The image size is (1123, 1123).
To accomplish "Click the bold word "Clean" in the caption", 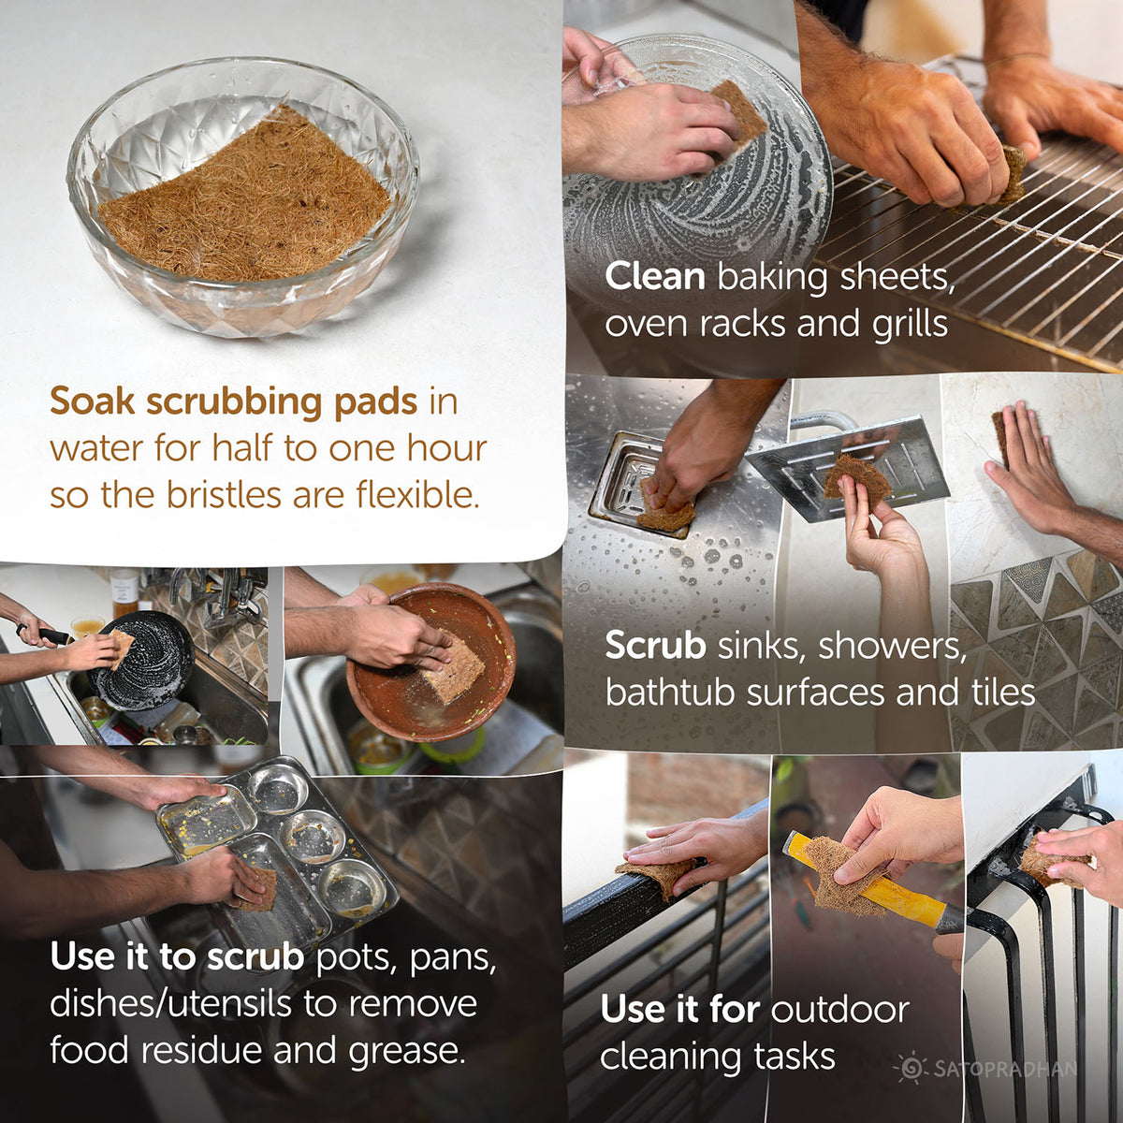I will point(654,277).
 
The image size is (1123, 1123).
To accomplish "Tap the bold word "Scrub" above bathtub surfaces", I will point(655,646).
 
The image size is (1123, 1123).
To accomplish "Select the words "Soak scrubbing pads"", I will point(233,401).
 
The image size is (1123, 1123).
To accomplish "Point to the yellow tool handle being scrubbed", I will point(898,889).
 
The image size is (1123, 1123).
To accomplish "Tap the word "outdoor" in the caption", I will point(839,1010).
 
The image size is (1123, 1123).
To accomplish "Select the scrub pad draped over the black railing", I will point(659,876).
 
